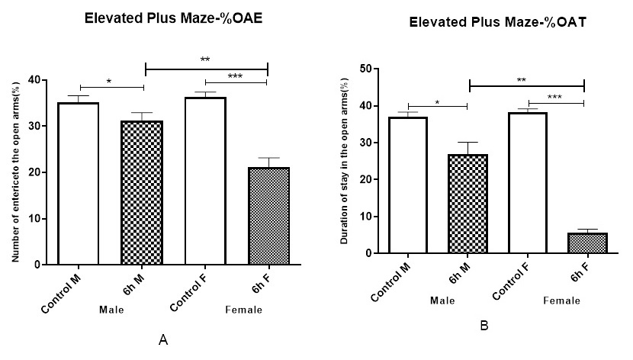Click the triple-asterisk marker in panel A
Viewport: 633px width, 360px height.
pos(235,76)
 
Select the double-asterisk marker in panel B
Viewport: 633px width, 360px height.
pos(521,80)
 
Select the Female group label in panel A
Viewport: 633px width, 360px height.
pos(244,310)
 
